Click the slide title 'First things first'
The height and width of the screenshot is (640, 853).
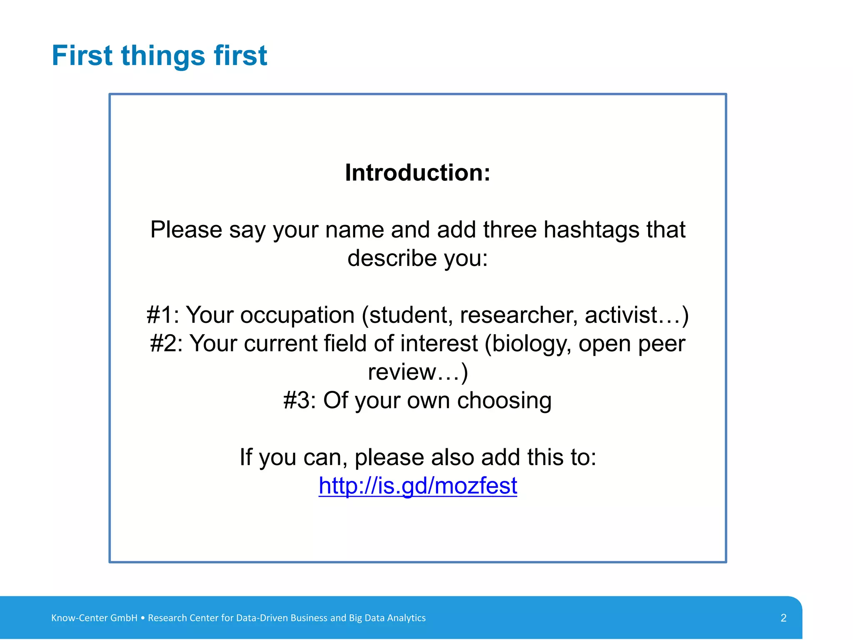(x=159, y=55)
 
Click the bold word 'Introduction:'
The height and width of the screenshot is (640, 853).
(x=418, y=172)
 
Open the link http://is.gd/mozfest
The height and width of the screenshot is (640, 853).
(x=418, y=486)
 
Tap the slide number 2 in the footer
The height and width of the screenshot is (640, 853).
(x=783, y=618)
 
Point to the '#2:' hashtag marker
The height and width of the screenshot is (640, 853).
(x=166, y=344)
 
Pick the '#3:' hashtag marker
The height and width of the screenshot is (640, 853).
(x=299, y=400)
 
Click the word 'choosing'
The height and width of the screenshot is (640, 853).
(x=504, y=401)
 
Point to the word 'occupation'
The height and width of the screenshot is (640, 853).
(x=297, y=315)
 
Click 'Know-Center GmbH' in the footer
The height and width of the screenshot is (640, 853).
(x=94, y=618)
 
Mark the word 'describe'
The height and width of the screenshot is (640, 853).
(x=392, y=258)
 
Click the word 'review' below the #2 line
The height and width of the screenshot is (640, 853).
(x=402, y=372)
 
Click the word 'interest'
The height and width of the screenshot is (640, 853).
(x=439, y=344)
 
